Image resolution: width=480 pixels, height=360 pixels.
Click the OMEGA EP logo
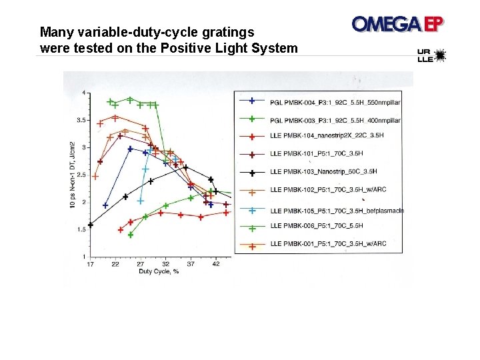coord(398,24)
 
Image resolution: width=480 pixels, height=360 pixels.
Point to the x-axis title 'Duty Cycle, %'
coord(158,271)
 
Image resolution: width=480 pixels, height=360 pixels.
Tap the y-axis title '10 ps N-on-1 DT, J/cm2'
coord(73,173)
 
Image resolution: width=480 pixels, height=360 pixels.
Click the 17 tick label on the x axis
coord(91,264)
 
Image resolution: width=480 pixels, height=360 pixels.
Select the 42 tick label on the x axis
coord(216,264)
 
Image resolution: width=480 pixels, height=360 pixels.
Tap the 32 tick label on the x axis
coord(166,264)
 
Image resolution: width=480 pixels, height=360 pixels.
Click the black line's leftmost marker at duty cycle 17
coord(91,225)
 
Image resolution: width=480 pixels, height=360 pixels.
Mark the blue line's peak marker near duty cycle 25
coord(130,149)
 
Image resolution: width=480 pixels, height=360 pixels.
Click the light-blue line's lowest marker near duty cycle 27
coord(141,201)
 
